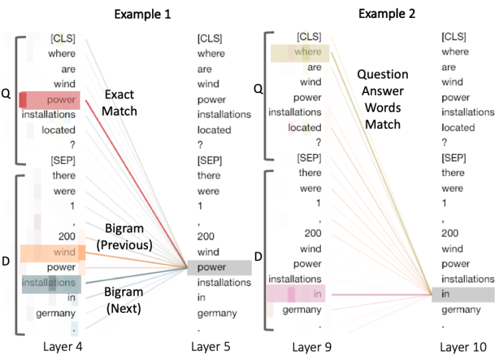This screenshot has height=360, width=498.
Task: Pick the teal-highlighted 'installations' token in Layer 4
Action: click(x=50, y=284)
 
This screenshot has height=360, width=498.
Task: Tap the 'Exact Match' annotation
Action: click(x=120, y=104)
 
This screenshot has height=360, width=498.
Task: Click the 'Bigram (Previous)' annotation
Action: click(x=124, y=237)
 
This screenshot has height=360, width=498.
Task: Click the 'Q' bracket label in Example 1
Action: click(x=6, y=96)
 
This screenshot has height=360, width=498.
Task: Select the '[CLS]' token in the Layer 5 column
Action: click(x=209, y=39)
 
